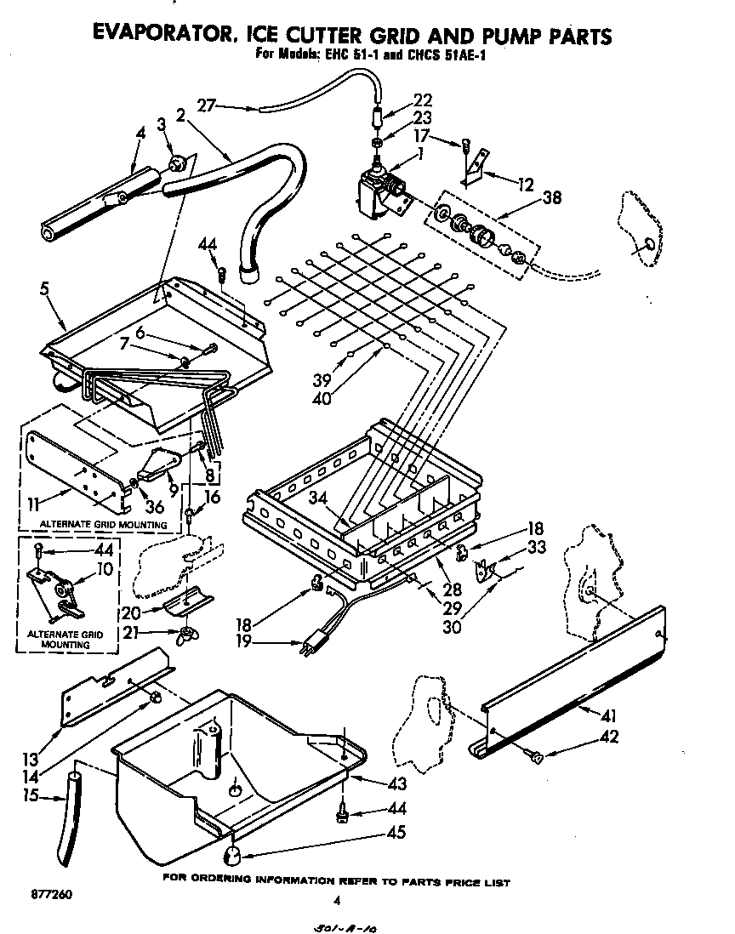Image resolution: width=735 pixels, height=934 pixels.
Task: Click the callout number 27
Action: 206,105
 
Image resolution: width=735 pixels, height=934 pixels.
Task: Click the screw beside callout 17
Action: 467,145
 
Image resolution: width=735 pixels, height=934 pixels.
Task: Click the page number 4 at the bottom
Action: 338,900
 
